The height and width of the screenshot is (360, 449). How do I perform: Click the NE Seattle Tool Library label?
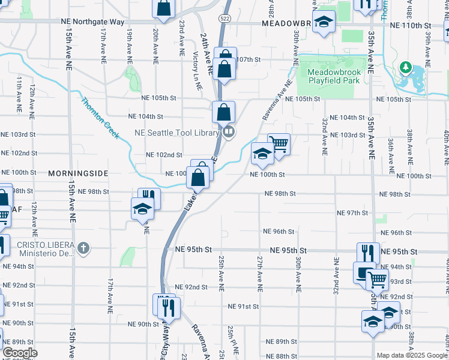click(176, 133)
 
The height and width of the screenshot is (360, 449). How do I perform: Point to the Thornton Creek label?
click(100, 117)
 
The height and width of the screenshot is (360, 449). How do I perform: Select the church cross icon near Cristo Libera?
click(84, 247)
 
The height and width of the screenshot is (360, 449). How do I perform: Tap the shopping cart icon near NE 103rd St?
click(278, 144)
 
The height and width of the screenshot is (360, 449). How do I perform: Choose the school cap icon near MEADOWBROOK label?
click(324, 23)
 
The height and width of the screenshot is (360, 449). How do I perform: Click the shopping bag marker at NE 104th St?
click(223, 112)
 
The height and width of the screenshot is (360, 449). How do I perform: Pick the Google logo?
click(20, 353)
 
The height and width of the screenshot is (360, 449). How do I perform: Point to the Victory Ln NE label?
click(196, 67)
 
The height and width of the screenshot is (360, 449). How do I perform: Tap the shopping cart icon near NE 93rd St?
click(377, 278)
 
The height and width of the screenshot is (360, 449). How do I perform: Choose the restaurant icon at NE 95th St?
click(368, 253)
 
